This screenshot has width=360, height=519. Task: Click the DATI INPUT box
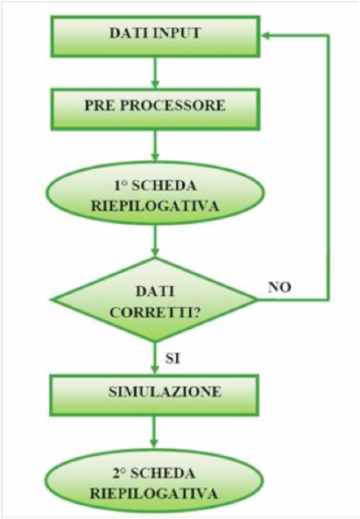(155, 37)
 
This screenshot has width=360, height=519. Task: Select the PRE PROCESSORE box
(155, 109)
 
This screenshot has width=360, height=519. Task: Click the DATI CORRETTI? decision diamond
(155, 300)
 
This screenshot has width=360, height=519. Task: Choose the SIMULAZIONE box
(154, 396)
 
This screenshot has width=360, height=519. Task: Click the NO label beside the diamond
(279, 288)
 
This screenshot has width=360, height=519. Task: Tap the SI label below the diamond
(173, 359)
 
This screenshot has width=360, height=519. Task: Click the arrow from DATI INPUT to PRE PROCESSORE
(155, 73)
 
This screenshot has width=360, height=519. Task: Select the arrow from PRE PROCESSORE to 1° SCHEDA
(155, 145)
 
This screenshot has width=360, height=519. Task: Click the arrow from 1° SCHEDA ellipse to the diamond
(155, 241)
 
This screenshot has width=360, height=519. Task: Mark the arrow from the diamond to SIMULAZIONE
(155, 359)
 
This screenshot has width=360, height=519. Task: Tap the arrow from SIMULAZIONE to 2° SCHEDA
(154, 432)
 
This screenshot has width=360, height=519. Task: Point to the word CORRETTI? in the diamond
(155, 312)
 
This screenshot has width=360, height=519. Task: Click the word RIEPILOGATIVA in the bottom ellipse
(154, 494)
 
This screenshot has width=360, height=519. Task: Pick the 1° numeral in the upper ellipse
(121, 186)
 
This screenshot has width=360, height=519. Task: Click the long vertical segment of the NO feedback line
(328, 167)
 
